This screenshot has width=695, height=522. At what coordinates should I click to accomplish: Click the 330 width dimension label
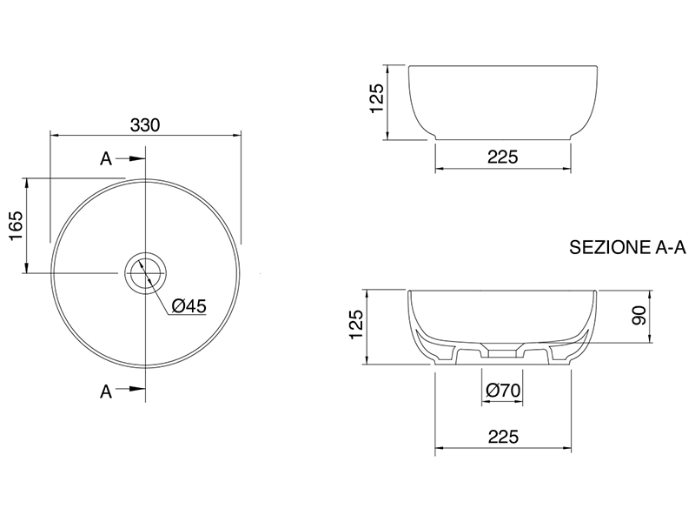click(145, 125)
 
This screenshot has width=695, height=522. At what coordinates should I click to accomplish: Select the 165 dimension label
click(16, 226)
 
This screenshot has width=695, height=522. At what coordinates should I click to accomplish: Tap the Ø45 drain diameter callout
click(189, 306)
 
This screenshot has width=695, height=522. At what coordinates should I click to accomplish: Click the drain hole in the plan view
click(145, 272)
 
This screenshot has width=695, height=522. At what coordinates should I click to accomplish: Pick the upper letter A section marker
click(106, 158)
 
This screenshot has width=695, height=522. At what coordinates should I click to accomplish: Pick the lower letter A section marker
click(106, 391)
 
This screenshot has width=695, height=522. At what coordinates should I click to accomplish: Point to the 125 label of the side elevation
click(376, 98)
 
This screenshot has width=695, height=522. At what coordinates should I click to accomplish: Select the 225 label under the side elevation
click(503, 157)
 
